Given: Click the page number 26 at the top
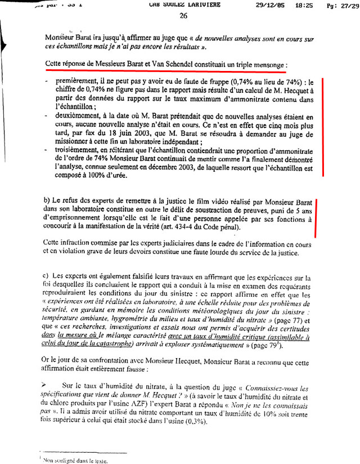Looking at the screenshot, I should (x=183, y=16).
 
